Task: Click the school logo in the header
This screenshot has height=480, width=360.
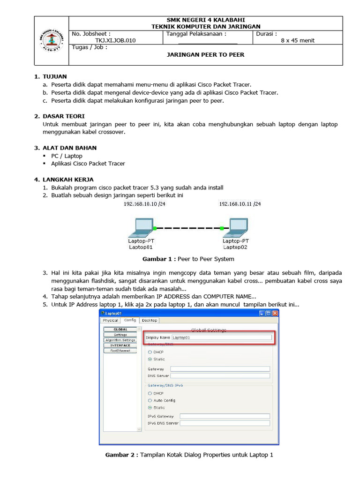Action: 51,40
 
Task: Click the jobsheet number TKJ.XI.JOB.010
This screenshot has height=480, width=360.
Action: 115,40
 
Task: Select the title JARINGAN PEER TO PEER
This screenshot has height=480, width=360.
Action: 206,54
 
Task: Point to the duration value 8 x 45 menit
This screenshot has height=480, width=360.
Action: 298,40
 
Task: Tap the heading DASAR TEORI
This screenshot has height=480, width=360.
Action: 63,116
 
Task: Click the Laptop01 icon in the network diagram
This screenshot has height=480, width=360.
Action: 140,227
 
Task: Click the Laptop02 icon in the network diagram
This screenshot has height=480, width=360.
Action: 235,227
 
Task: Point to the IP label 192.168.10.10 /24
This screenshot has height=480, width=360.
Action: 144,204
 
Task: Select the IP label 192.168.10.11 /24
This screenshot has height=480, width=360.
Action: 240,204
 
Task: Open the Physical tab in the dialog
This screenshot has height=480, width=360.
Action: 111,321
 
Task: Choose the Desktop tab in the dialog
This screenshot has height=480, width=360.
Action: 150,321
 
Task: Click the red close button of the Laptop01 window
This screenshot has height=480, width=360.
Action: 275,313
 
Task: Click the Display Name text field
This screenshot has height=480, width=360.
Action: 221,337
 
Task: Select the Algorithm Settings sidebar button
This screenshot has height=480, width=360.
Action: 120,340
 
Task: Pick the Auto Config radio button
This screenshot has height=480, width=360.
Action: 150,401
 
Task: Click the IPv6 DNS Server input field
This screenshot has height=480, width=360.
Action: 225,423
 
